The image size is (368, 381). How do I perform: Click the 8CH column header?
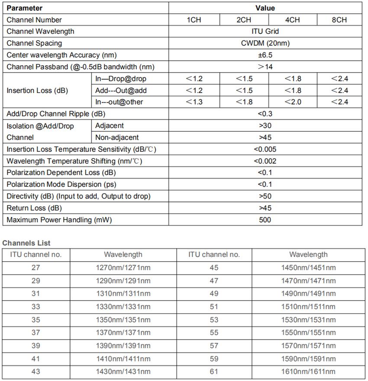pos(339,20)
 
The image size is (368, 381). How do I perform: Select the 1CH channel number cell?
pos(194,20)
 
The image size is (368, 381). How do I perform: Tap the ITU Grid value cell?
pos(265,32)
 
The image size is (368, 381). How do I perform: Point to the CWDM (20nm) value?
pos(265,43)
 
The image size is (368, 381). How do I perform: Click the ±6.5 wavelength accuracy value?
pos(265,55)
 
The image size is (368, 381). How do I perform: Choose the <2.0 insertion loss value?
pos(293,102)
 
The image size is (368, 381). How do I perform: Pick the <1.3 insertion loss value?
pos(194,102)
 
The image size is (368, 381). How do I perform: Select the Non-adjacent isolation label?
pos(117,138)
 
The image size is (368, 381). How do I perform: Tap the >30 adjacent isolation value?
pos(265,126)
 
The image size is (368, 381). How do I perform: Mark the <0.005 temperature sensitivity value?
pos(265,150)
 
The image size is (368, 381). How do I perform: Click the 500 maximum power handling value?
pos(265,220)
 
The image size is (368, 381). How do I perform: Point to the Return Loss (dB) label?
pos(34,208)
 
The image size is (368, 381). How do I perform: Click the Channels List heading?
pos(26,243)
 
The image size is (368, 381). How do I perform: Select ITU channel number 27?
pos(36,268)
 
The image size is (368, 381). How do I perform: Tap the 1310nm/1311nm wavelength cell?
pos(123,294)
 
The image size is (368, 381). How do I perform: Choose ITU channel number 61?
pos(214,371)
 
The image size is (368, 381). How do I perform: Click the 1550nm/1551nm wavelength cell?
pos(308,333)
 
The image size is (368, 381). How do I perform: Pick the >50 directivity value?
pos(265,196)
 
